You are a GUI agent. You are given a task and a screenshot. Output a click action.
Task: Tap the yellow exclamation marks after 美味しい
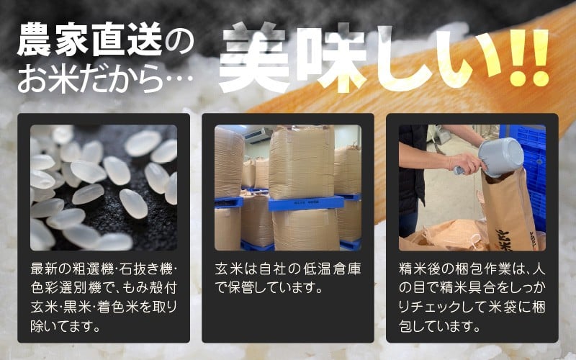(529, 58)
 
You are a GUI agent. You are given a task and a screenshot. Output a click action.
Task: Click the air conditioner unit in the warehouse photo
(258, 135)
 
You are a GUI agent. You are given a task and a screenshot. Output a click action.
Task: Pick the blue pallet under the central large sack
(305, 203)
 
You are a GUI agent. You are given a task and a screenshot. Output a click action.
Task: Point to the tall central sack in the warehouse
(302, 161)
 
